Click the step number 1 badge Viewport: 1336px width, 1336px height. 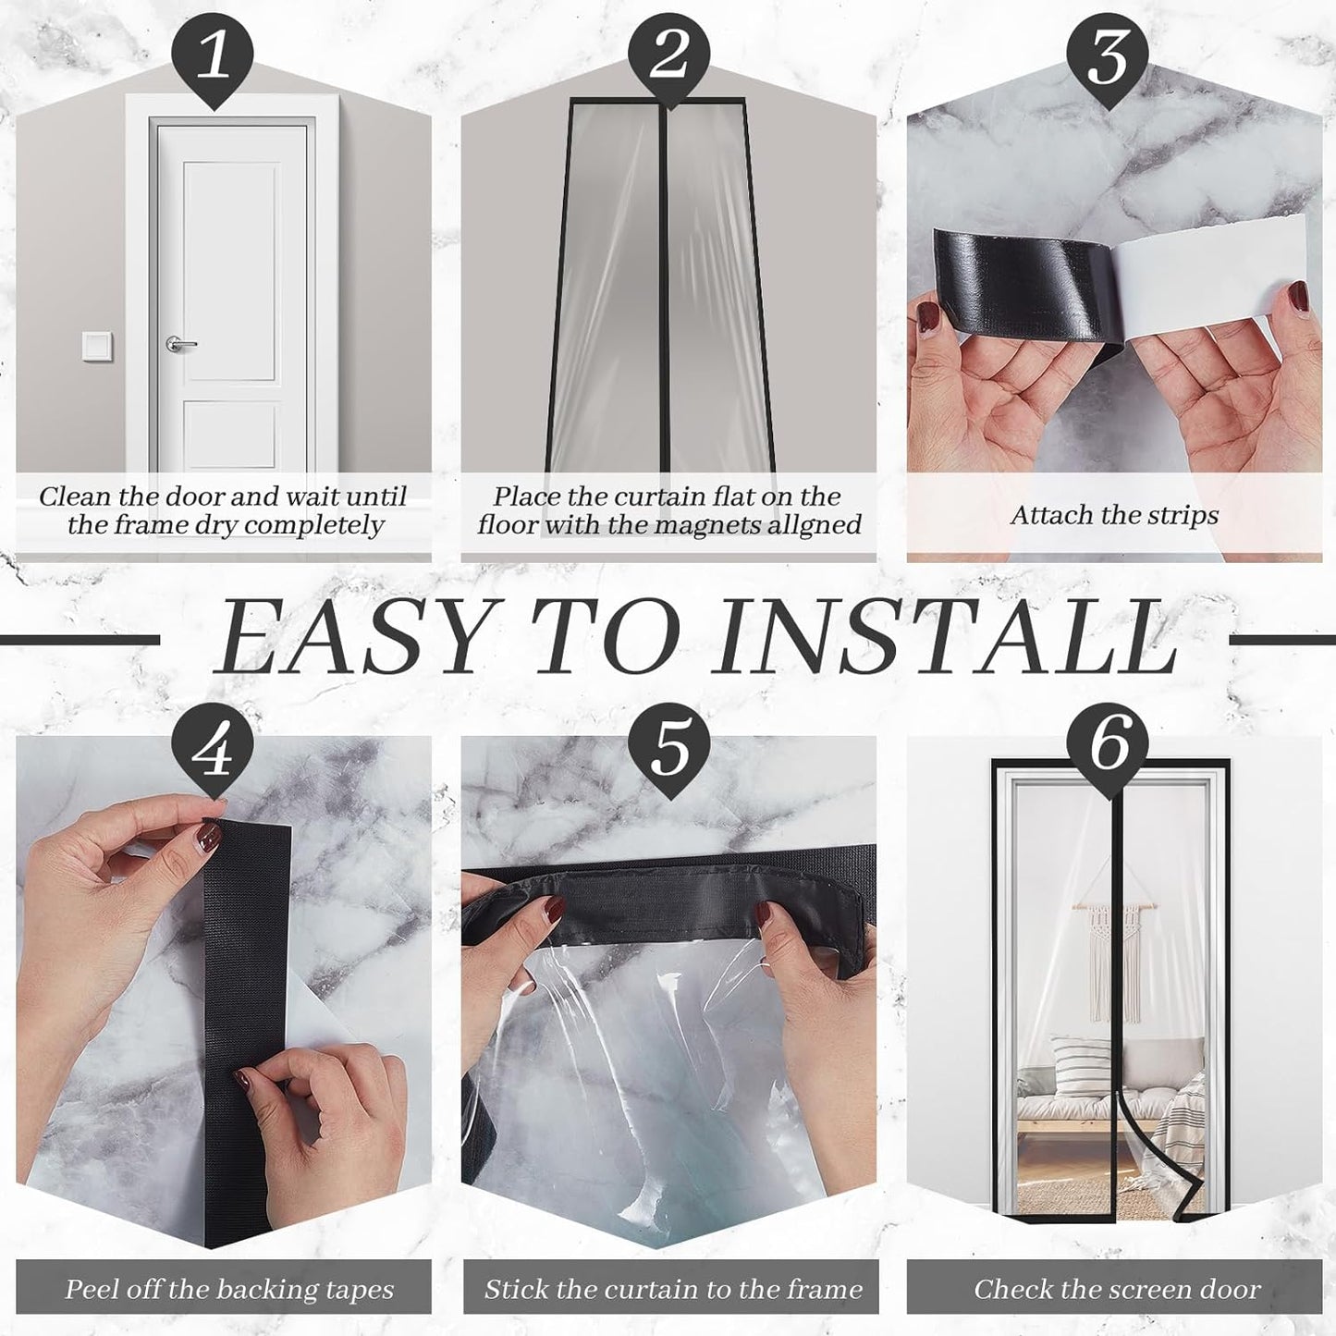pos(214,55)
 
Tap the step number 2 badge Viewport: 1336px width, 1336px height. pos(668,55)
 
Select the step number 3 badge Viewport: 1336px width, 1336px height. pos(1107,55)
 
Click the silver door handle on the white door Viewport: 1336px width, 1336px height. pos(181,344)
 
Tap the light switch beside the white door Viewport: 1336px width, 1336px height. pos(97,346)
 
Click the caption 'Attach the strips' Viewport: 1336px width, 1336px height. pos(1114,515)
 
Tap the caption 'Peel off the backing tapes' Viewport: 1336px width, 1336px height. pos(228,1289)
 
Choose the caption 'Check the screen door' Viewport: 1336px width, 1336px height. pos(1116,1289)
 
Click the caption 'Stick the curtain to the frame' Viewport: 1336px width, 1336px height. pos(673,1289)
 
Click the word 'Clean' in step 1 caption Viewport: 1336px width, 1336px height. pos(75,496)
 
